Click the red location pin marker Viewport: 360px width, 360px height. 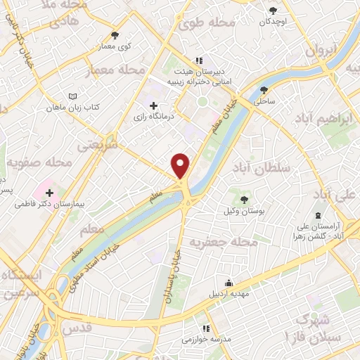click(181, 166)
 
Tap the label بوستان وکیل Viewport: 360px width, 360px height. click(243, 212)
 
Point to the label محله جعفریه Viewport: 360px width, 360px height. click(236, 243)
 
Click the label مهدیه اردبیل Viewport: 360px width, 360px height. click(227, 294)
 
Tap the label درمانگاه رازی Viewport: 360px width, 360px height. click(154, 117)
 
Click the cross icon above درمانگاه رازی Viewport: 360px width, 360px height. click(154, 105)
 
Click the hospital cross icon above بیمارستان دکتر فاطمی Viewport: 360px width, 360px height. click(49, 192)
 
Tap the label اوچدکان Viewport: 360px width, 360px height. click(274, 21)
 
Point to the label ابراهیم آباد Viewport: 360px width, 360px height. click(323, 117)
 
